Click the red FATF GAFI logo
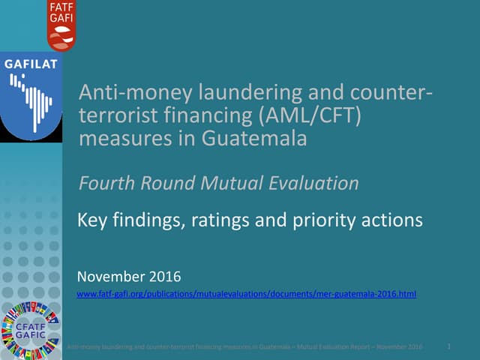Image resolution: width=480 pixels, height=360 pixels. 61,25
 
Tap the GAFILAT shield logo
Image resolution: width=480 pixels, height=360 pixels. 31,97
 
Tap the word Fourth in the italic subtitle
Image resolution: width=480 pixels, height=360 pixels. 106,183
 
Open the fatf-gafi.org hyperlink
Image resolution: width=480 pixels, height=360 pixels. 247,295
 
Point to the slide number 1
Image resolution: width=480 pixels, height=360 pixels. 448,346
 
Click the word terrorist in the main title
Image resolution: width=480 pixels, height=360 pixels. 112,116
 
